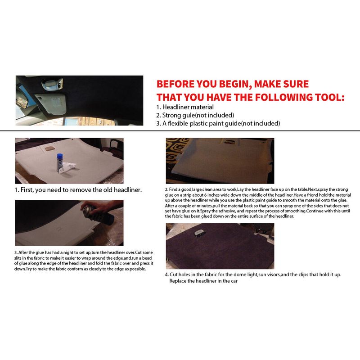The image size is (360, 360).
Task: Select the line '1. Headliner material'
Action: point(185,107)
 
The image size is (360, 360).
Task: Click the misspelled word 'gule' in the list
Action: point(188,115)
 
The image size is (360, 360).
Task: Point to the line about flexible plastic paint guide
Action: point(218,123)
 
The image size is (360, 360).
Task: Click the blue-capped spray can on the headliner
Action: point(60,163)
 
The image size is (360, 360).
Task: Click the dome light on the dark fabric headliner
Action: point(198,233)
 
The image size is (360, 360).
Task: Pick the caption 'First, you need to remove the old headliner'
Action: point(81,190)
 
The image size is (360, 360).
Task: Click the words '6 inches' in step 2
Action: point(210,195)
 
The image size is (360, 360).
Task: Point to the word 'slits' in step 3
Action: point(18,258)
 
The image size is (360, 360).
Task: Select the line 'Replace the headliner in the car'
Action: point(203,281)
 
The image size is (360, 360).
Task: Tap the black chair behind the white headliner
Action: point(116,147)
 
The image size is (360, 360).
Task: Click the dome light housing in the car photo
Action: point(52,84)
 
